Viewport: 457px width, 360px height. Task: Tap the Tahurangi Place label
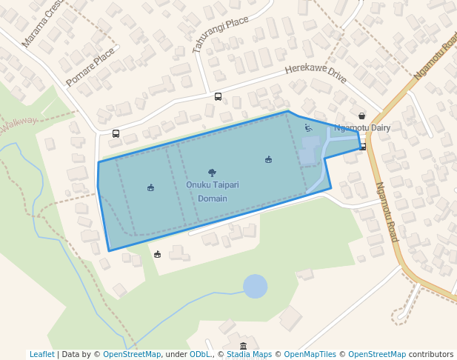(219, 35)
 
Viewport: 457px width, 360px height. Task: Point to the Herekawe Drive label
(316, 74)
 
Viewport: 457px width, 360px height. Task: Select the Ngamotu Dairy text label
(361, 127)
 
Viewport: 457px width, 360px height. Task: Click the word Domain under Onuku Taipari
(213, 199)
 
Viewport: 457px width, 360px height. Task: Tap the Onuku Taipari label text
(213, 184)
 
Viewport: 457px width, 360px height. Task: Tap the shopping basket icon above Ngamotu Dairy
(361, 116)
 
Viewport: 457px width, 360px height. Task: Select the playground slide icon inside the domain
(308, 127)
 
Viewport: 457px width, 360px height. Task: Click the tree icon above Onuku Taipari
(213, 173)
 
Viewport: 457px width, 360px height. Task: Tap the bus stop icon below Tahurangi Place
(218, 96)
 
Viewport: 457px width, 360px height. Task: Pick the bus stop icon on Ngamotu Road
(362, 147)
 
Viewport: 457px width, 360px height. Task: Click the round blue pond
(255, 286)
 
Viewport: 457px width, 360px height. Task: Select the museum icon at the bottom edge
(243, 346)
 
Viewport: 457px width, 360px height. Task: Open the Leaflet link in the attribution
(41, 354)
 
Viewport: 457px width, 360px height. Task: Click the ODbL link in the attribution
(200, 354)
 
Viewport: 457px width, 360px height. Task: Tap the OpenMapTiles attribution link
(310, 354)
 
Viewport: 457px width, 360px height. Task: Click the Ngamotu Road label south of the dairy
(387, 212)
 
